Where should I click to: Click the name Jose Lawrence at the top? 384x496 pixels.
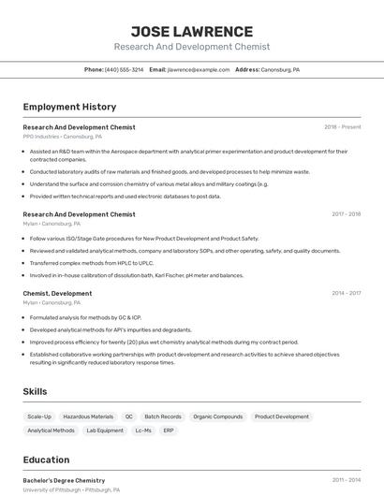click(x=192, y=31)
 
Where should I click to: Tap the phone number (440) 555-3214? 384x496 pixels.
click(x=125, y=70)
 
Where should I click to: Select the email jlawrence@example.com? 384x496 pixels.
click(x=199, y=70)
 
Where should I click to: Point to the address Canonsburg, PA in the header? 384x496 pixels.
click(x=280, y=70)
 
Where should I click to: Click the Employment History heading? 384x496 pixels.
click(x=69, y=107)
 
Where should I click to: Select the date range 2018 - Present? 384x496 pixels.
click(x=342, y=127)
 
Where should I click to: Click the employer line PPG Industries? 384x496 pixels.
click(x=63, y=137)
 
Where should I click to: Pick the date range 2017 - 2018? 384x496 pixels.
click(x=346, y=214)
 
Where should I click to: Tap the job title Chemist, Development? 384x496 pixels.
click(x=57, y=293)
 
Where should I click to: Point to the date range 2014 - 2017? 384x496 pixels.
click(x=346, y=293)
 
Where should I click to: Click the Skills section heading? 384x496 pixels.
click(x=36, y=391)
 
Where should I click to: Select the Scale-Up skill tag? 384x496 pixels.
click(x=39, y=416)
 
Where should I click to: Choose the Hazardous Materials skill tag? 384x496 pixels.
click(x=88, y=416)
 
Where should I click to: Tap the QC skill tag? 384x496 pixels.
click(x=129, y=416)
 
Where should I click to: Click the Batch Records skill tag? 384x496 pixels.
click(x=164, y=416)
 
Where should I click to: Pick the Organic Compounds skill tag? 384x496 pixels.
click(x=217, y=416)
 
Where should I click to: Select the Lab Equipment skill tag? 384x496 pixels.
click(x=105, y=430)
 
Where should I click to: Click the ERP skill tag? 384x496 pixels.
click(x=169, y=430)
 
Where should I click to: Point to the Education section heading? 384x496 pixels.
click(x=46, y=460)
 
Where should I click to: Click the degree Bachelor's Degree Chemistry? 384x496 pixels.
click(x=64, y=480)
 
